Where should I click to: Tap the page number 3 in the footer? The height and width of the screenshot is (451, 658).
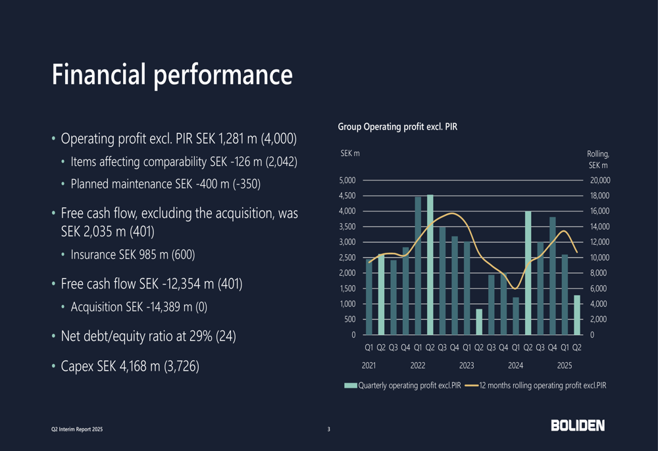pos(329,430)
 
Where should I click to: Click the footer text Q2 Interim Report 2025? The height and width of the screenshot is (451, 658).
pos(77,430)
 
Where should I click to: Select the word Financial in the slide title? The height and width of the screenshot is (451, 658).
pos(98,74)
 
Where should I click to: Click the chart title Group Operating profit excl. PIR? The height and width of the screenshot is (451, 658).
pos(397,126)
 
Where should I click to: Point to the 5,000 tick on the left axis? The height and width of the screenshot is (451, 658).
pos(347,180)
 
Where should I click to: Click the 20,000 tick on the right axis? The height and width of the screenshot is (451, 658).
pos(599,180)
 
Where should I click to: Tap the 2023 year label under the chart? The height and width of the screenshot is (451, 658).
pos(467,365)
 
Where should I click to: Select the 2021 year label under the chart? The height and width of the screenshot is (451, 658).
pos(369,365)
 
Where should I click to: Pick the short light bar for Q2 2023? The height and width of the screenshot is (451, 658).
pos(479,321)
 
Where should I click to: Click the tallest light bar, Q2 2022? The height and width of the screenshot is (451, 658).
pos(430,265)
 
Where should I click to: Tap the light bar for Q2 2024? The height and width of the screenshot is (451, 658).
pos(528,273)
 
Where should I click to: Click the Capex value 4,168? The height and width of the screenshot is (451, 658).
pos(136,365)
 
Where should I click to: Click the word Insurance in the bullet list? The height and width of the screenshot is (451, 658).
pos(94,254)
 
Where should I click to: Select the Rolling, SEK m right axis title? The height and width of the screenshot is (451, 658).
pos(598,159)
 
